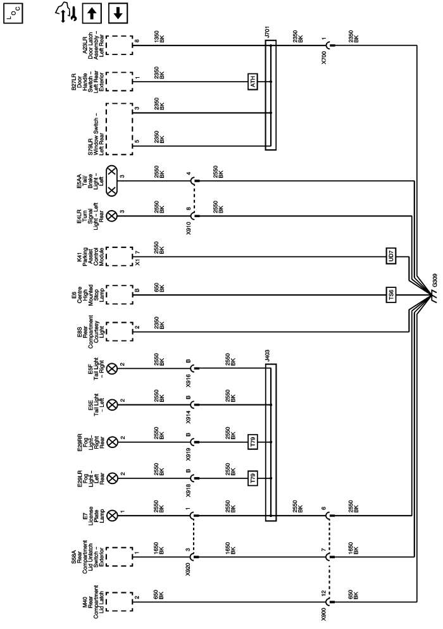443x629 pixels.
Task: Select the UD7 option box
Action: coord(391,258)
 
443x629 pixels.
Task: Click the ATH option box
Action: coord(252,80)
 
